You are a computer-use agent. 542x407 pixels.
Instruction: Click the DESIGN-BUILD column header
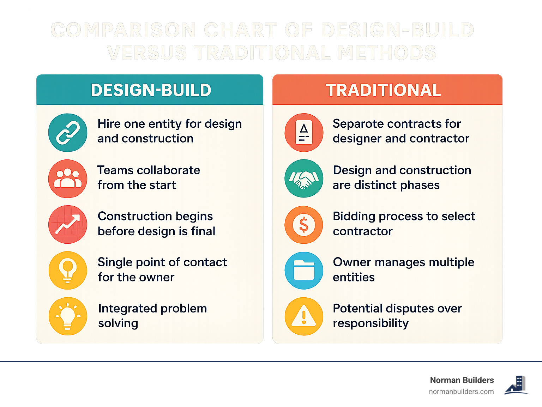point(151,90)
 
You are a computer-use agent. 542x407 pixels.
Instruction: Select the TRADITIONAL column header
point(383,90)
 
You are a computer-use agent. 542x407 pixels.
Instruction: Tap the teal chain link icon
point(68,133)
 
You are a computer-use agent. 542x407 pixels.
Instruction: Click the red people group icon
point(68,178)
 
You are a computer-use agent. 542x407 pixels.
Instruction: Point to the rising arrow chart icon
point(68,225)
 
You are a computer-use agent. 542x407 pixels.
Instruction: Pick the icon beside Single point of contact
point(68,271)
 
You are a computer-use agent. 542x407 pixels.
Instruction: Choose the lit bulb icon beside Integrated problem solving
point(68,316)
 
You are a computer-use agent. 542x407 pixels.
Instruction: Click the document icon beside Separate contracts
point(304,133)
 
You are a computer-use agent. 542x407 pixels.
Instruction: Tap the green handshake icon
point(304,178)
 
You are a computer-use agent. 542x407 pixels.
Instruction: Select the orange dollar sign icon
point(304,225)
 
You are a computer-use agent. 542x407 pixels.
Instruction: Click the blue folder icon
point(304,271)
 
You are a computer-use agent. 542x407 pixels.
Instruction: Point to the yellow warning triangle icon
point(304,316)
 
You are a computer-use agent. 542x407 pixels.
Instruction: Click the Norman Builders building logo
point(516,385)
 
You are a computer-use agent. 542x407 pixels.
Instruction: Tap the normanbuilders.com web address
point(461,392)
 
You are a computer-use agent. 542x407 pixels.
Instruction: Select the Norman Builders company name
point(462,380)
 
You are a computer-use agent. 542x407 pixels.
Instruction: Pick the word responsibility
point(371,323)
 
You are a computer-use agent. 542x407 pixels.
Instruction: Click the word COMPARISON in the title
point(123,30)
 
